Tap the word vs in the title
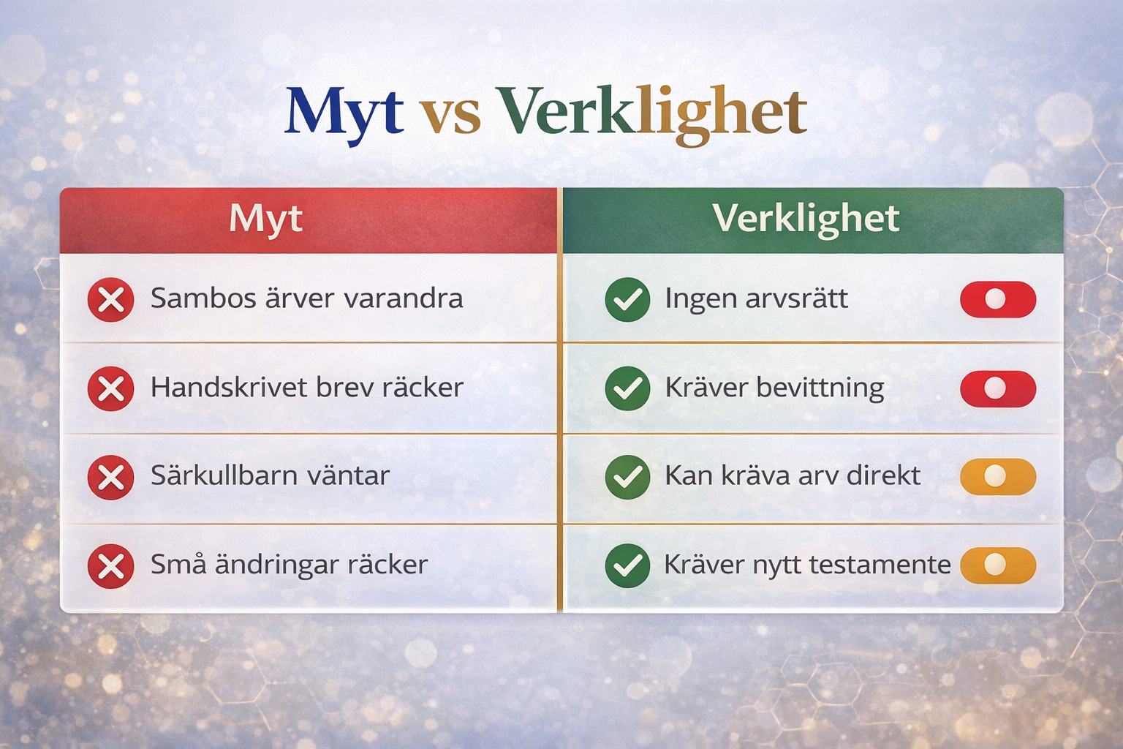(450, 117)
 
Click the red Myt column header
(308, 220)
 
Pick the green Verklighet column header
(813, 220)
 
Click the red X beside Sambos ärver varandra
(111, 299)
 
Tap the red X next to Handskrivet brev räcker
(111, 389)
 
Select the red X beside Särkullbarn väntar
(111, 477)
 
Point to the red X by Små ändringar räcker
(111, 566)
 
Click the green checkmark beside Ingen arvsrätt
(628, 299)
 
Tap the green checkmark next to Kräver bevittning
(628, 389)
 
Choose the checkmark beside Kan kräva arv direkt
(628, 477)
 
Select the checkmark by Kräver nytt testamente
(628, 566)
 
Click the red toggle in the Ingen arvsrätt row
(998, 299)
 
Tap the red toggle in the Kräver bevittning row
(998, 389)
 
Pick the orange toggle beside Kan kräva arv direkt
(998, 477)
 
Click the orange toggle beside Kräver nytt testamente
(998, 565)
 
